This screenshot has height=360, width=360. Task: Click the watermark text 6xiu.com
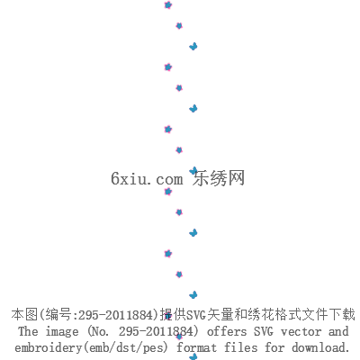pyautogui.click(x=147, y=179)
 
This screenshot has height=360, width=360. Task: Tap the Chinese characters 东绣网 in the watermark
pyautogui.click(x=219, y=178)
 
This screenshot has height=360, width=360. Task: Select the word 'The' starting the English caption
pyautogui.click(x=28, y=331)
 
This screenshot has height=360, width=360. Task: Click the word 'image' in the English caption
pyautogui.click(x=62, y=332)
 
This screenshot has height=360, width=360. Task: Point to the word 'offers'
pyautogui.click(x=227, y=331)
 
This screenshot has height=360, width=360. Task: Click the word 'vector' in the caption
pyautogui.click(x=301, y=332)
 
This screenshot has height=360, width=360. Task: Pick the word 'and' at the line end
pyautogui.click(x=338, y=331)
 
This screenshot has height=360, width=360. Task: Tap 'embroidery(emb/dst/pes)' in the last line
pyautogui.click(x=92, y=347)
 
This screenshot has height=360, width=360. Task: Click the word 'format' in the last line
pyautogui.click(x=196, y=347)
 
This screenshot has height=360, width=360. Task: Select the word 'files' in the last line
pyautogui.click(x=240, y=347)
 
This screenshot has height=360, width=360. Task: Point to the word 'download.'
pyautogui.click(x=321, y=347)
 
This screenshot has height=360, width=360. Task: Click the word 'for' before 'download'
pyautogui.click(x=274, y=347)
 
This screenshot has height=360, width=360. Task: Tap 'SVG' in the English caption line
pyautogui.click(x=264, y=331)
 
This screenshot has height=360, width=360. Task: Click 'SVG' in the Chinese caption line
pyautogui.click(x=196, y=315)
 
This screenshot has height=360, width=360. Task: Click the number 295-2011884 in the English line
pyautogui.click(x=156, y=331)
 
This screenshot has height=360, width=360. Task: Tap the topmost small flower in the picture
pyautogui.click(x=168, y=5)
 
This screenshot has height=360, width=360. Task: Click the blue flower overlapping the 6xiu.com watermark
pyautogui.click(x=193, y=171)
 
